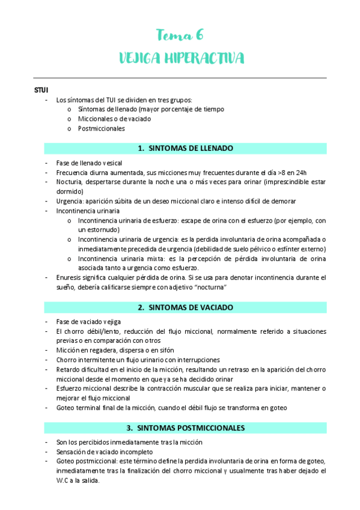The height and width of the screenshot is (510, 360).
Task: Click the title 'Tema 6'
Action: (x=180, y=34)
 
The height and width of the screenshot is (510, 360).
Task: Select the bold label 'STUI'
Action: (x=43, y=90)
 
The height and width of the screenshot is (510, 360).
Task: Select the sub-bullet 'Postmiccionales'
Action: (x=101, y=128)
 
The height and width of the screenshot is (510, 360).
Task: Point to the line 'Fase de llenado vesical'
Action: (x=89, y=162)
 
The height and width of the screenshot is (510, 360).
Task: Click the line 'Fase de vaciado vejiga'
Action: (x=88, y=322)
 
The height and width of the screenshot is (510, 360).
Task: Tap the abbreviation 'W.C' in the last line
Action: (x=63, y=481)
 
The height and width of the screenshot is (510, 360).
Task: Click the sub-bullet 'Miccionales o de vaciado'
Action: (x=114, y=119)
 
